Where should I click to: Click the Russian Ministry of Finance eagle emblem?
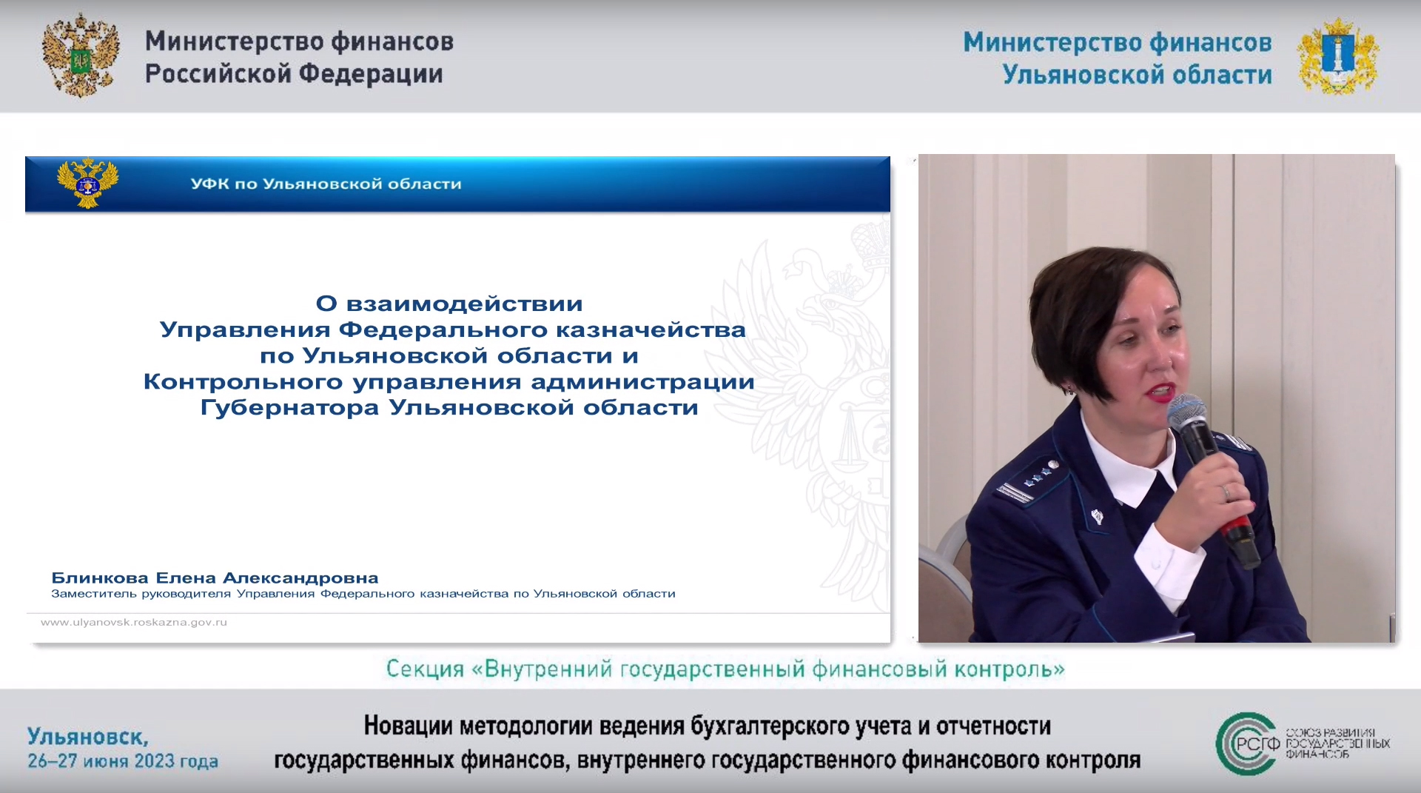pos(81,56)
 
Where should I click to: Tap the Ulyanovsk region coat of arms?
pos(1337,56)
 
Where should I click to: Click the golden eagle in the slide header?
pos(88,183)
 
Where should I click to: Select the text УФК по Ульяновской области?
pos(326,184)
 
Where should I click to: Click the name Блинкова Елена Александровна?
pos(215,578)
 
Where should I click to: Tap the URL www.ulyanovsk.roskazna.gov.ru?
pos(134,622)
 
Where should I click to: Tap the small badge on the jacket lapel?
pos(1097,515)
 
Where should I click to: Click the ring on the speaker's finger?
pos(1226,491)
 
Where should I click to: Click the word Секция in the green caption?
pos(425,669)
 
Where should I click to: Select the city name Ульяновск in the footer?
pos(87,737)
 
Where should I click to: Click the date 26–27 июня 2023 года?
pos(123,761)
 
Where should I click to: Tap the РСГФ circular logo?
pos(1248,743)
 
